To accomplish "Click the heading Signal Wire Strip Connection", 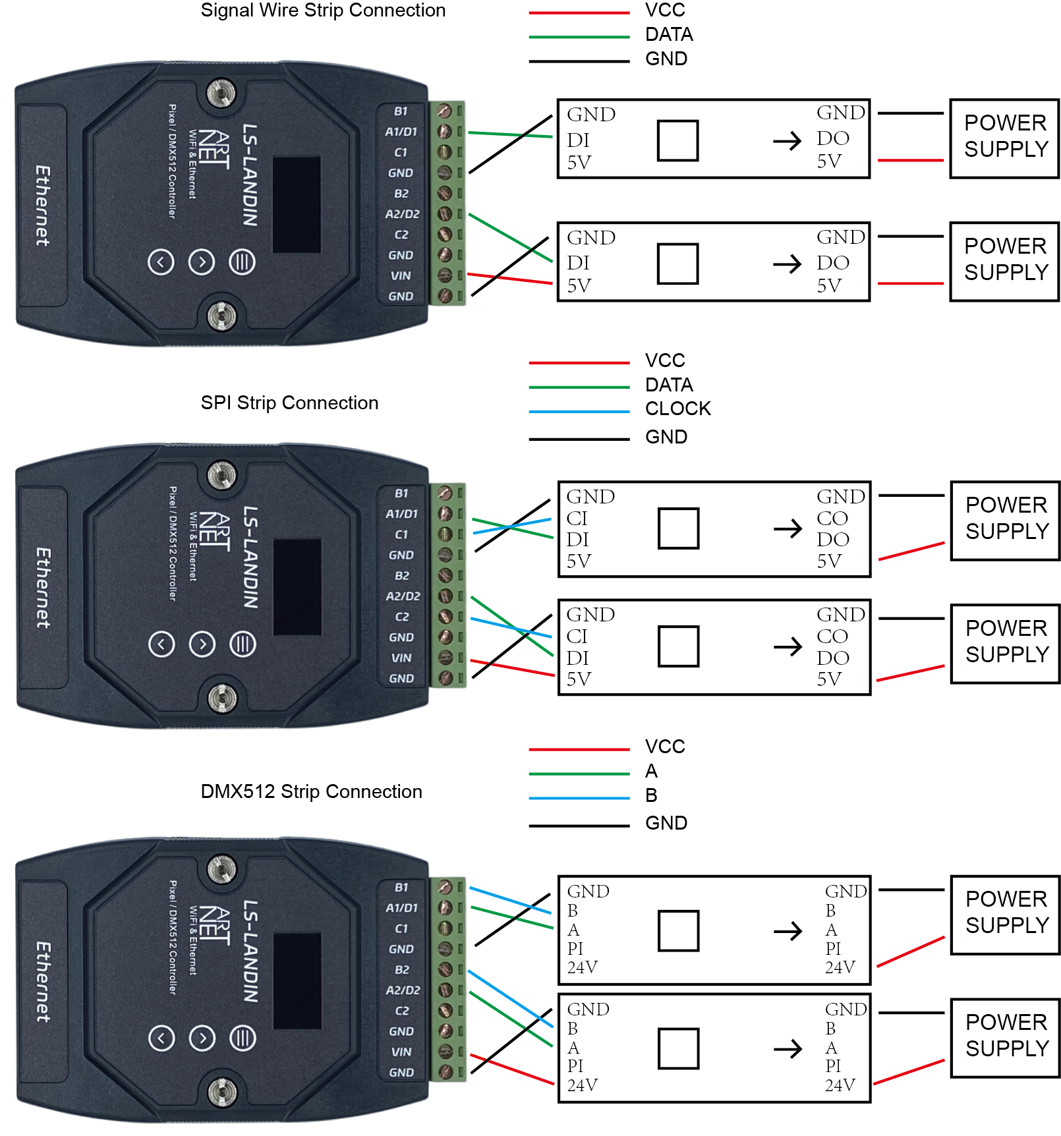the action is [x=323, y=11].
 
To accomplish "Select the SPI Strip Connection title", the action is [x=289, y=403].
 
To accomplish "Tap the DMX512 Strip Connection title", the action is [x=311, y=791].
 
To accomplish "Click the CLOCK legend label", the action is [x=678, y=409].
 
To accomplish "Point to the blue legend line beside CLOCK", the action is [x=579, y=412].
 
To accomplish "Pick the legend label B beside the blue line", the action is [x=651, y=795].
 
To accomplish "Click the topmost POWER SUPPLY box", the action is [x=1004, y=138].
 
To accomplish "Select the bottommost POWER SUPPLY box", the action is [x=1006, y=1038].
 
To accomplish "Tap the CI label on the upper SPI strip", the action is [x=577, y=519].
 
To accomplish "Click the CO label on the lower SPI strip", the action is [x=832, y=637].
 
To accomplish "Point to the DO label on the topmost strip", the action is [x=833, y=138].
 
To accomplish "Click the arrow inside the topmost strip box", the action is [x=787, y=140].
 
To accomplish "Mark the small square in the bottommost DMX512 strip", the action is [x=679, y=1048].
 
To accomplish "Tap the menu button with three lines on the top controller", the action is [x=242, y=262].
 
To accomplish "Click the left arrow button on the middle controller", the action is [x=161, y=644].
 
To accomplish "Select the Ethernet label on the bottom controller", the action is [x=43, y=981].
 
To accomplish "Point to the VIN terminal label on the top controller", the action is [x=401, y=276].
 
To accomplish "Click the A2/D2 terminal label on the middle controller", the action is [x=403, y=596].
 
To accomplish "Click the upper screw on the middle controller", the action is [x=222, y=475].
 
